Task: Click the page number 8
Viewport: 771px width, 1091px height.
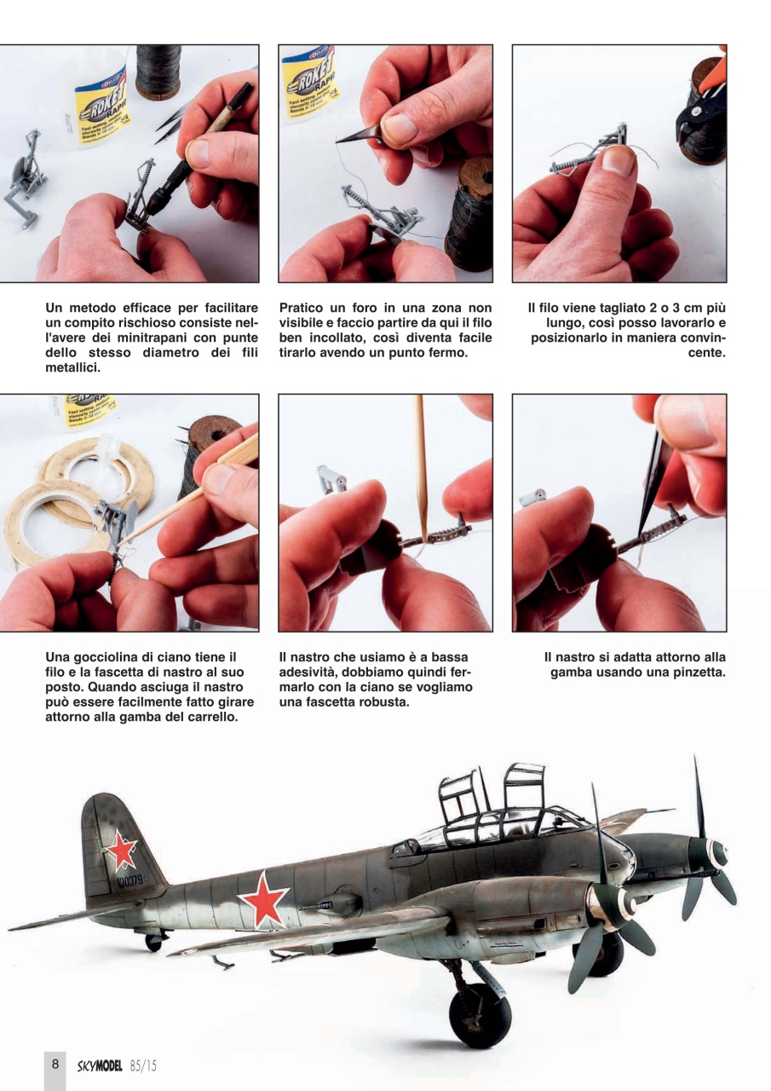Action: tap(55, 1065)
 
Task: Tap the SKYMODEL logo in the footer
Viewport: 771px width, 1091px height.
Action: tap(101, 1065)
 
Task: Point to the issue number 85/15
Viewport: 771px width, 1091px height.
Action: tap(145, 1065)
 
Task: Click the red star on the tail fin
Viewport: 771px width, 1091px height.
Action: tap(121, 849)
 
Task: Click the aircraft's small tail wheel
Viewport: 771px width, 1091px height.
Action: tap(153, 941)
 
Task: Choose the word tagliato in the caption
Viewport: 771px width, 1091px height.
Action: tap(623, 307)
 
